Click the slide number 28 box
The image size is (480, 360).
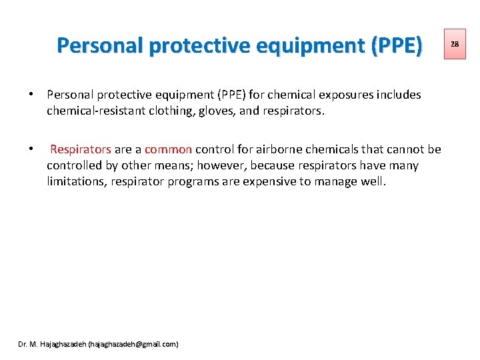point(455,44)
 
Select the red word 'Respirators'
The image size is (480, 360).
point(81,149)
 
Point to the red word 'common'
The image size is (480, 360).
point(168,149)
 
